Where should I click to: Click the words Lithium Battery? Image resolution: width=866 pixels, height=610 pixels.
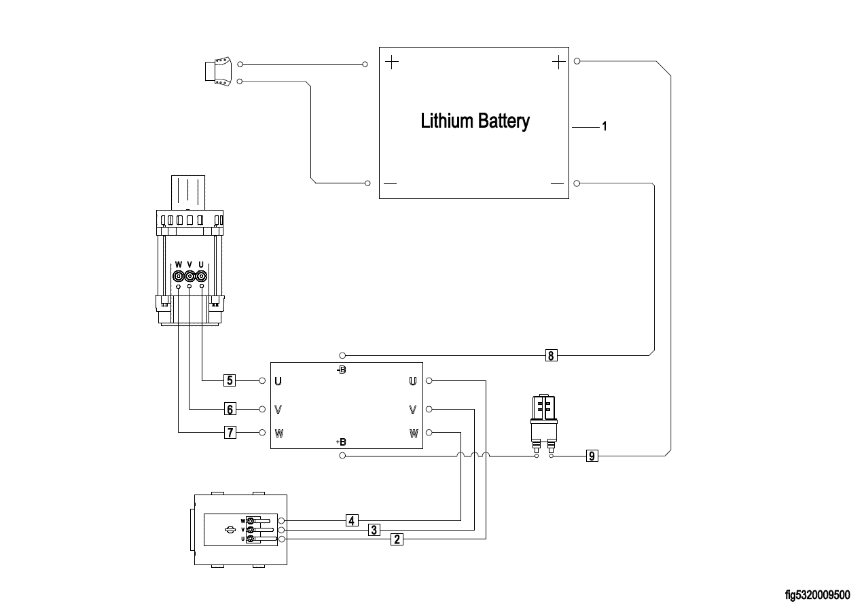click(475, 122)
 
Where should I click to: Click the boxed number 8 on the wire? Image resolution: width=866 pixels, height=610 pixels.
click(551, 355)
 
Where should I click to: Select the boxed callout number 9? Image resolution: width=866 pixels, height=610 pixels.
click(592, 456)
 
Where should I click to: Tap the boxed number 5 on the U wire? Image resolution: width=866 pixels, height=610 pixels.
click(230, 380)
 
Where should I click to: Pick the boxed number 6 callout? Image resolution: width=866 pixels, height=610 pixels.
click(230, 409)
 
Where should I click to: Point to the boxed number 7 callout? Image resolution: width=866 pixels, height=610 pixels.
click(230, 433)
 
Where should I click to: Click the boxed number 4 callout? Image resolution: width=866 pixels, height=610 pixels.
click(351, 521)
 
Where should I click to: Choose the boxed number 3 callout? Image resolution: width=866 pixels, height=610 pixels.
click(374, 530)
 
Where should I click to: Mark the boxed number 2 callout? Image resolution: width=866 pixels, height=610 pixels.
click(397, 539)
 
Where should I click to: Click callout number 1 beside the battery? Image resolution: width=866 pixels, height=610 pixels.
click(604, 127)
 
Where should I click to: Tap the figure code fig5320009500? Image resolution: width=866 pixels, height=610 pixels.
click(817, 595)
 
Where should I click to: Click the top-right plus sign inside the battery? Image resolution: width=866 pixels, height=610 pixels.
click(558, 62)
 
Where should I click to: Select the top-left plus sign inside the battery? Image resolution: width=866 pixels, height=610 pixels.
click(392, 63)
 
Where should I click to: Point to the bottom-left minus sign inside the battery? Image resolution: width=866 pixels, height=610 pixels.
click(391, 184)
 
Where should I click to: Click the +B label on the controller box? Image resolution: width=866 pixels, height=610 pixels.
click(341, 442)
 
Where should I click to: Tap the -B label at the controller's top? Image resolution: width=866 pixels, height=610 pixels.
click(341, 370)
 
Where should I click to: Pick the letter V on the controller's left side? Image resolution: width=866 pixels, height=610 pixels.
click(278, 410)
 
